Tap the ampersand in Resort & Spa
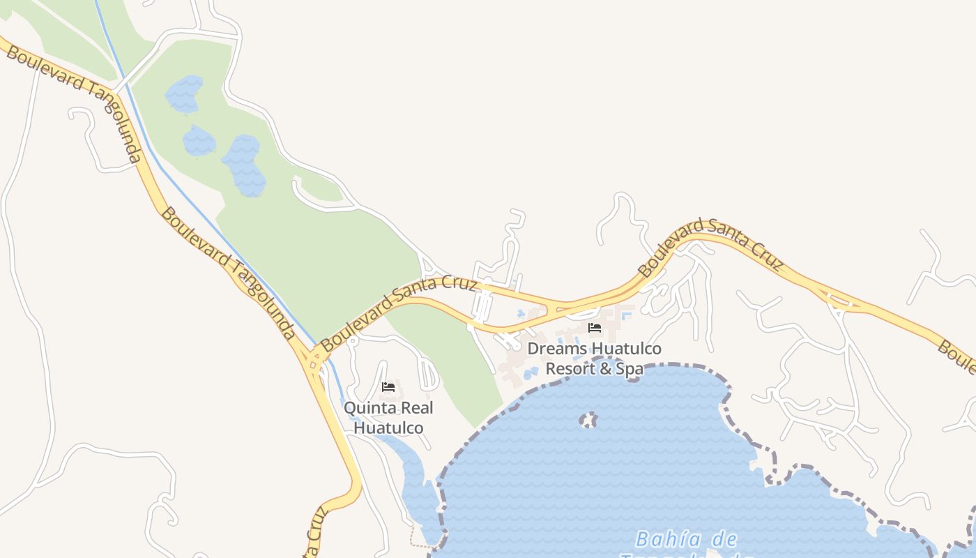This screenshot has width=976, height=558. pyautogui.click(x=606, y=368)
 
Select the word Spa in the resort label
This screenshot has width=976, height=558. pyautogui.click(x=630, y=368)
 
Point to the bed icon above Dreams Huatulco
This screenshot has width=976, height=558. pyautogui.click(x=595, y=328)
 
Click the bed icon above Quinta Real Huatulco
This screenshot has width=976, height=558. pyautogui.click(x=388, y=387)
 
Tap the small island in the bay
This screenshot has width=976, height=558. pyautogui.click(x=589, y=420)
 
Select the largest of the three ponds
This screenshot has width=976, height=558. pyautogui.click(x=244, y=165)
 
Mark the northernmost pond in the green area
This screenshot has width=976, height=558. pyautogui.click(x=183, y=93)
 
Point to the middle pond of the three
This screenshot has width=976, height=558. pyautogui.click(x=199, y=141)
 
